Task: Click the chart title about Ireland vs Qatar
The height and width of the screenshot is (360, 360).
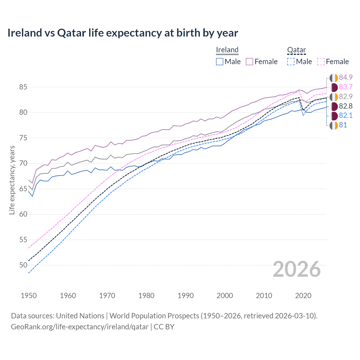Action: [x=123, y=33]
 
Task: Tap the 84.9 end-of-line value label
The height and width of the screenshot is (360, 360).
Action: [x=346, y=78]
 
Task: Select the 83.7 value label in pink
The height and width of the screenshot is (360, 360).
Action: [x=346, y=87]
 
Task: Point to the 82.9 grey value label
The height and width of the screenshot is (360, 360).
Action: [x=346, y=97]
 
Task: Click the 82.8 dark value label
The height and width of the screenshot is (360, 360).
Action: [x=346, y=106]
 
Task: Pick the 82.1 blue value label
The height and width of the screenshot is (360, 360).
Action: [x=346, y=116]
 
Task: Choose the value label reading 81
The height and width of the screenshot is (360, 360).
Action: [x=343, y=125]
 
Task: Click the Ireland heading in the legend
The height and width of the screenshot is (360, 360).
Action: [x=227, y=50]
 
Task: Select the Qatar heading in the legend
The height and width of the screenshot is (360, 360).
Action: [x=296, y=50]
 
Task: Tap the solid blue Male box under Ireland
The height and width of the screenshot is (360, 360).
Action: [x=220, y=62]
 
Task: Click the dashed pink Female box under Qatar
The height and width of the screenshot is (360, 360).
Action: [x=321, y=62]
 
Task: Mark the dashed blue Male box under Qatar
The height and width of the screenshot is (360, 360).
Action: [x=291, y=62]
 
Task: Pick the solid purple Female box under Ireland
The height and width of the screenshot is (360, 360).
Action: [x=249, y=62]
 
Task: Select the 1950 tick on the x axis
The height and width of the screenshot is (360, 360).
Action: [x=29, y=296]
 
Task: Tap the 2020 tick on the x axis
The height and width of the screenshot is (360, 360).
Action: [x=303, y=296]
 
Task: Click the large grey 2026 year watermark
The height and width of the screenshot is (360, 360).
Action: [x=297, y=269]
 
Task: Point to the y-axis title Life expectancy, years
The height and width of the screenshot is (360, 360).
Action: [x=12, y=180]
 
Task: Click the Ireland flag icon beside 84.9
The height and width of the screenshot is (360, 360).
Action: [x=334, y=78]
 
